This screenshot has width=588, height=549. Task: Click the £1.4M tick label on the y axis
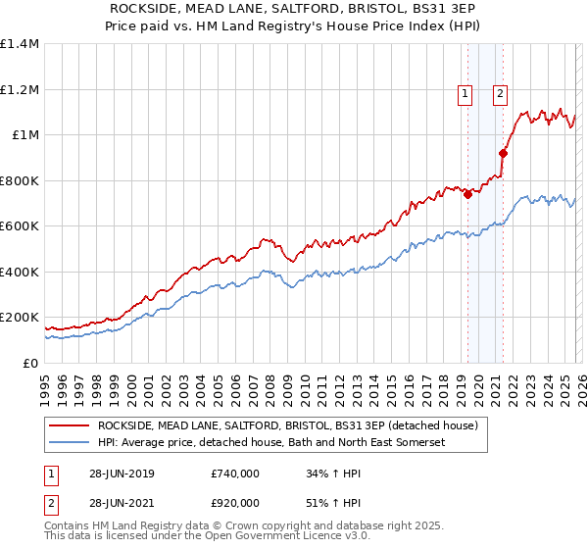[19, 44]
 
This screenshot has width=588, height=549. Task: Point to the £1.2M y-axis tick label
[19, 89]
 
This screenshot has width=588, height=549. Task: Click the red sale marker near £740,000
[467, 194]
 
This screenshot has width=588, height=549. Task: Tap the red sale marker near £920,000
[503, 153]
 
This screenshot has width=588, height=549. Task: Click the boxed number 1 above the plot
[464, 94]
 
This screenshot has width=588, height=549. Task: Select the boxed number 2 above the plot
[500, 94]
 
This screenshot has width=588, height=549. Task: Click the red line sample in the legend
[69, 425]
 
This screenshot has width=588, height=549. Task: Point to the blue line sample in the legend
[69, 443]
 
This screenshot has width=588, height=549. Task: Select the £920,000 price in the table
[234, 504]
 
